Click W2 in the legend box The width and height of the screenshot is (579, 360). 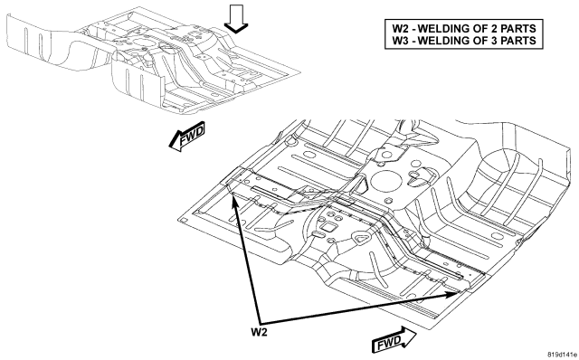click(400, 28)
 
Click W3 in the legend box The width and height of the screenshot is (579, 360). click(400, 40)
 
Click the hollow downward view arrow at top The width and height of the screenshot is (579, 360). click(236, 18)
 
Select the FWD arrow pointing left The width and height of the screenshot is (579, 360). click(187, 137)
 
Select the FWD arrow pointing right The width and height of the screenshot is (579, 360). click(394, 339)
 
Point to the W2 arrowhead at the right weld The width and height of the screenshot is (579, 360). click(454, 294)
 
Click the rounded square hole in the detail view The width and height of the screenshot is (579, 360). click(328, 226)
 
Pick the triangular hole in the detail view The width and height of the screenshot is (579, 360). click(361, 238)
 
